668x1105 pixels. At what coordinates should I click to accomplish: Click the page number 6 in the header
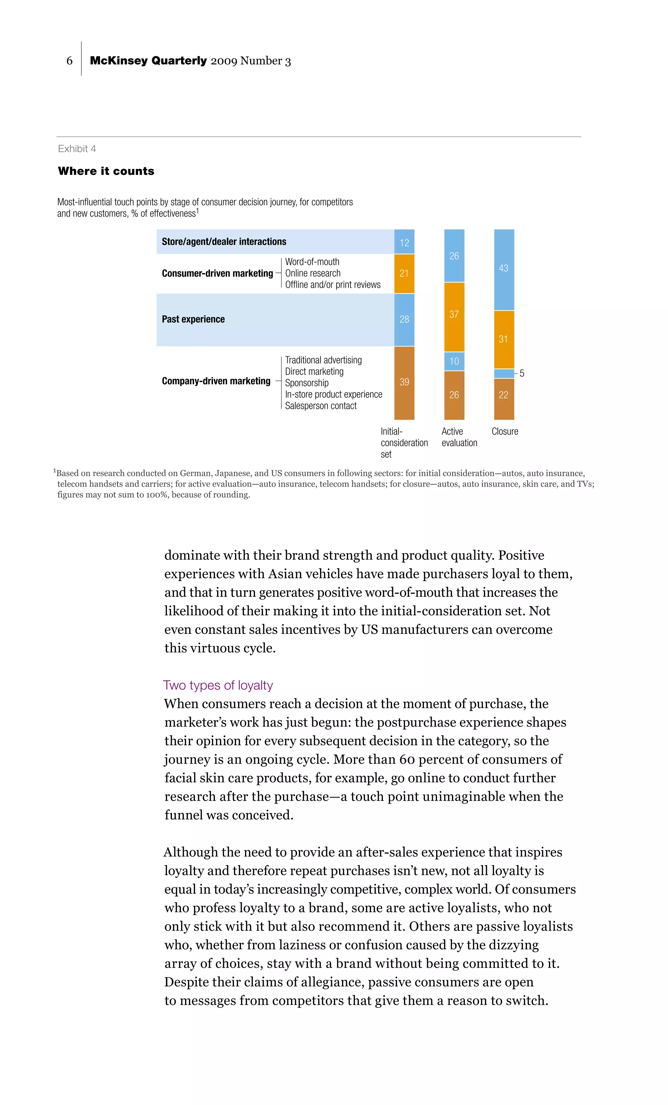(x=69, y=61)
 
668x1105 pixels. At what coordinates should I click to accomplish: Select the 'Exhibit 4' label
(x=77, y=149)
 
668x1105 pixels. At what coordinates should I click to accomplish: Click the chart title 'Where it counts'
(x=106, y=171)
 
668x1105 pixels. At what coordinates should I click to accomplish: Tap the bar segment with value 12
(x=404, y=242)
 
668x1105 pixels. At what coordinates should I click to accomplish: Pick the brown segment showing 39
(x=404, y=382)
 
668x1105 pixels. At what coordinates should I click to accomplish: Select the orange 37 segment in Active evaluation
(x=454, y=315)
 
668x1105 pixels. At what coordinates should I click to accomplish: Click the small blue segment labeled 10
(x=454, y=361)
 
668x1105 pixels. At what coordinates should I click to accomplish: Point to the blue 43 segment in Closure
(x=504, y=268)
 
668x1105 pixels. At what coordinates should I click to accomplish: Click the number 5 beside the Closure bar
(x=522, y=374)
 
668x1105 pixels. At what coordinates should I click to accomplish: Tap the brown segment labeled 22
(x=504, y=395)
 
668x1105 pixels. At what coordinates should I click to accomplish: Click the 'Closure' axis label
(x=505, y=431)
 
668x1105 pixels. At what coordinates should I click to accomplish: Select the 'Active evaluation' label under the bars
(x=459, y=437)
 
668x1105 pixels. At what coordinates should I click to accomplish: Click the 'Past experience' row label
(x=193, y=319)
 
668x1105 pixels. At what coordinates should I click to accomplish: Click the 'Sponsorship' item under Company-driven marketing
(x=307, y=383)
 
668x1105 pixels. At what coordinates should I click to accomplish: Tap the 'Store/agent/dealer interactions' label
(x=224, y=242)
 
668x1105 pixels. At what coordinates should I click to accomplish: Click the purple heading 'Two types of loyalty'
(x=218, y=685)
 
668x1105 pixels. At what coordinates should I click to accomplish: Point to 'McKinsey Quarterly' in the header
(x=148, y=61)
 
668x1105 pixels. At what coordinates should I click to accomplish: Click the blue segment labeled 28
(x=404, y=319)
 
